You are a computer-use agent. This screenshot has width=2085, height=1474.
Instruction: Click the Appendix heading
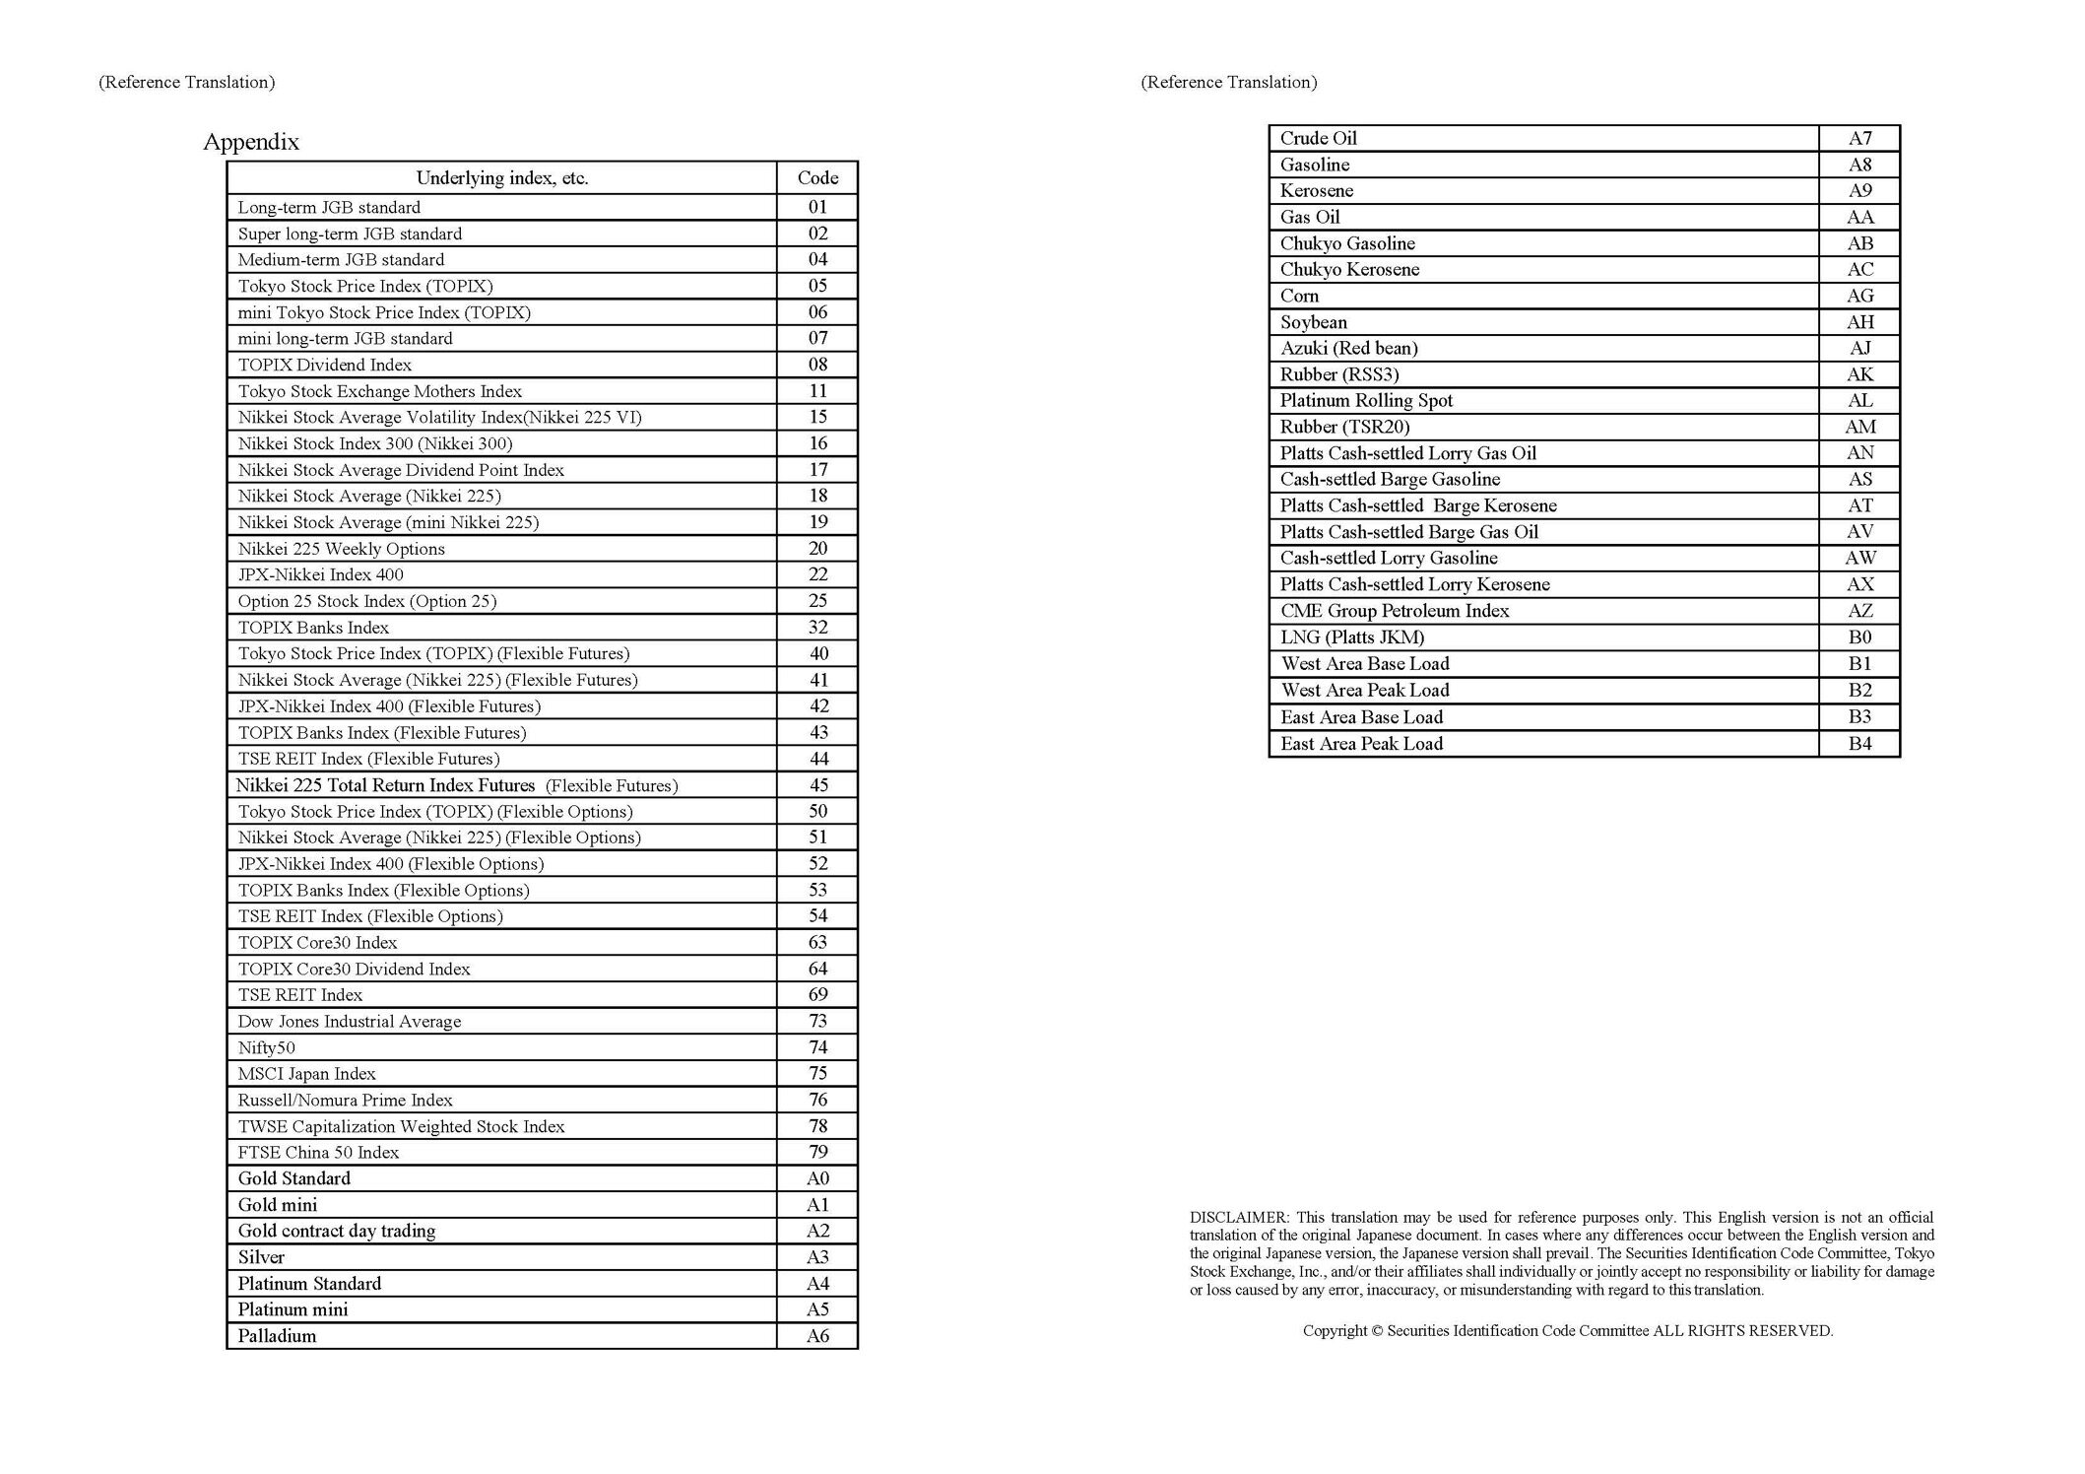point(251,142)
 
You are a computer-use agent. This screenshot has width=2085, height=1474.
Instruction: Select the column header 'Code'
point(817,178)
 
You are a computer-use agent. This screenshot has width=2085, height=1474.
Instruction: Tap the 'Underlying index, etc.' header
point(501,178)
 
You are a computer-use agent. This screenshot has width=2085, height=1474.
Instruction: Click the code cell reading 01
point(817,207)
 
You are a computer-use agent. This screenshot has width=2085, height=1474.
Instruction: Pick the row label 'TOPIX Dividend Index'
point(324,365)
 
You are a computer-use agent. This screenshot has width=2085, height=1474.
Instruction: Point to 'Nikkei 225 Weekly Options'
point(341,549)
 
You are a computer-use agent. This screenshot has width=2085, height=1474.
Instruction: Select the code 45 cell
point(817,785)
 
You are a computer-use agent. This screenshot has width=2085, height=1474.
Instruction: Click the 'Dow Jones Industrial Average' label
point(349,1022)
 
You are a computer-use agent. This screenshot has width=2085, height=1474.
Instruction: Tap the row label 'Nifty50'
point(266,1047)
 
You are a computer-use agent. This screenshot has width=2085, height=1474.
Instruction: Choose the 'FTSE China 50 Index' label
point(318,1153)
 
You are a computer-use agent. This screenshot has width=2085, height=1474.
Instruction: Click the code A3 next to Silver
point(817,1257)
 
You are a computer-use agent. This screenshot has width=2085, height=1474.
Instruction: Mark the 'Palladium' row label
point(277,1336)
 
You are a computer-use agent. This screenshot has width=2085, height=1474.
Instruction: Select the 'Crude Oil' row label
point(1318,139)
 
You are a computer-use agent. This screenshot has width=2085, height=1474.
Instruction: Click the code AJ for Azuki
point(1859,349)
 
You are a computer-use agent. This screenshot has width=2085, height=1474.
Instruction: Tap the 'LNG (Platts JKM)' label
point(1351,637)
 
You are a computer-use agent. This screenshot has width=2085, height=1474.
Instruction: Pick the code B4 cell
point(1859,744)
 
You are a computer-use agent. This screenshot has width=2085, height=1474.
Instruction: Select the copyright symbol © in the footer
point(1377,1331)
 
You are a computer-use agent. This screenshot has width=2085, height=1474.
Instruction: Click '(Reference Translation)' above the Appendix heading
point(186,83)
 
